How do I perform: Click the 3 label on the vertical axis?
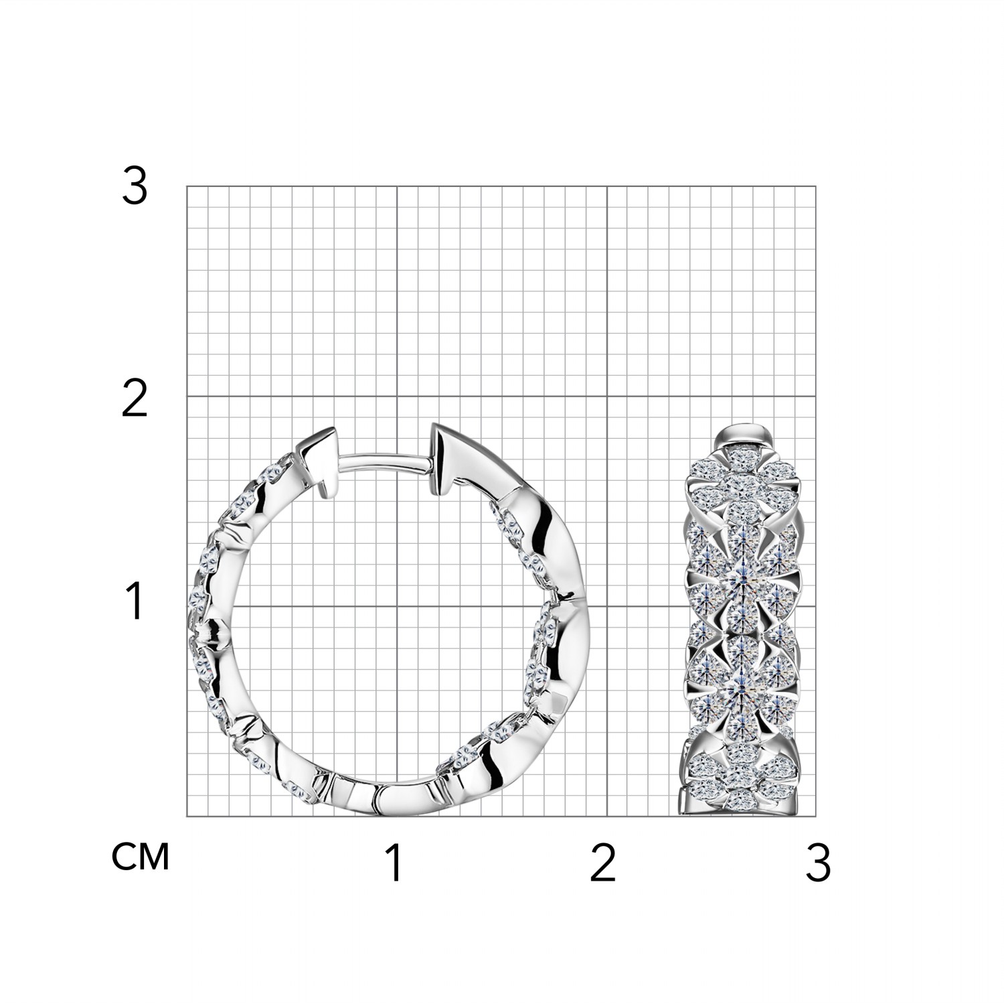click(134, 187)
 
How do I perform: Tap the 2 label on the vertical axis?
click(134, 401)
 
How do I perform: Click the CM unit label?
click(141, 857)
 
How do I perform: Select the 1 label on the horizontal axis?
click(394, 863)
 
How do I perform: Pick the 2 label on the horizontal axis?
click(602, 863)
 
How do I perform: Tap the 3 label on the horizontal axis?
click(818, 863)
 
